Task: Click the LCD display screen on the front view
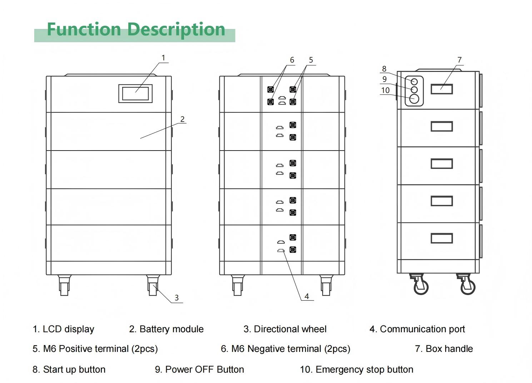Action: pyautogui.click(x=135, y=93)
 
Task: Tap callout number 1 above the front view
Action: pyautogui.click(x=164, y=58)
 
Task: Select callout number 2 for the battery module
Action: pyautogui.click(x=183, y=119)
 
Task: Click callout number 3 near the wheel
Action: pyautogui.click(x=176, y=298)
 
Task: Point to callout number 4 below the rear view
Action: pyautogui.click(x=307, y=296)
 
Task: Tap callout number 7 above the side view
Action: pyautogui.click(x=459, y=60)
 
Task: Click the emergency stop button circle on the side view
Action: pyautogui.click(x=414, y=98)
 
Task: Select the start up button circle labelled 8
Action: pyautogui.click(x=414, y=82)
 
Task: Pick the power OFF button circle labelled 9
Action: pyautogui.click(x=414, y=89)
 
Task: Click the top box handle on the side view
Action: pyautogui.click(x=442, y=89)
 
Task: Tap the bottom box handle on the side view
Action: pyautogui.click(x=442, y=238)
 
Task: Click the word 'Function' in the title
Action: pyautogui.click(x=84, y=29)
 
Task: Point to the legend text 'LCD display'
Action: pyautogui.click(x=68, y=329)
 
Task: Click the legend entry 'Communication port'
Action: pyautogui.click(x=422, y=329)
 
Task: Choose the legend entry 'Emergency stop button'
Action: pyautogui.click(x=364, y=369)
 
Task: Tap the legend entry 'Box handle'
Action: pyautogui.click(x=449, y=349)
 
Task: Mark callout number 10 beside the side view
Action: pyautogui.click(x=385, y=90)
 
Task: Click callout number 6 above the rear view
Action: pyautogui.click(x=292, y=60)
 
